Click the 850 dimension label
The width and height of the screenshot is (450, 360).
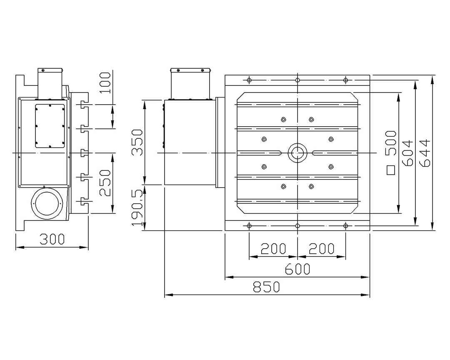(266, 287)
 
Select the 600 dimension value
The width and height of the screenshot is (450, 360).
(297, 269)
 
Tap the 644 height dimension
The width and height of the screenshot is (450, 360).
(425, 153)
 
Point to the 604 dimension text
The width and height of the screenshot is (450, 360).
(407, 153)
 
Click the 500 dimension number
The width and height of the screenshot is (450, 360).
(390, 143)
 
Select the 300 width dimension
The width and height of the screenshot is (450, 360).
(52, 239)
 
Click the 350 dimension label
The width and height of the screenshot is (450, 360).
(137, 142)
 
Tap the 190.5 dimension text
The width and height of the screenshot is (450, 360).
(137, 207)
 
